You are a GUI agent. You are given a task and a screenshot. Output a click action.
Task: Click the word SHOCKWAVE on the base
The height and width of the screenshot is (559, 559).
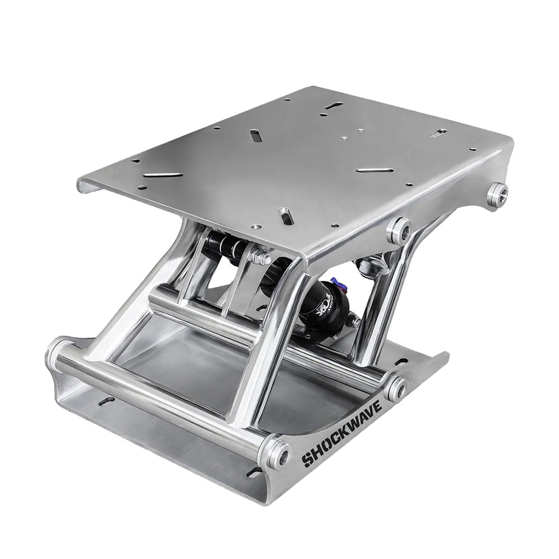pos(342,432)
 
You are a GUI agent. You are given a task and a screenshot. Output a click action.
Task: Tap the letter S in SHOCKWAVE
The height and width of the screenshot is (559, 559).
pos(307,459)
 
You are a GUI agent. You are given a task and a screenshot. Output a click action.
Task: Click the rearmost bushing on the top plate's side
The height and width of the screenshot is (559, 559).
pos(496,193)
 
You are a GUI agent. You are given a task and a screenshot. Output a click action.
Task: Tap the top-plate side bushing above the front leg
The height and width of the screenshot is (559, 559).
pos(399,229)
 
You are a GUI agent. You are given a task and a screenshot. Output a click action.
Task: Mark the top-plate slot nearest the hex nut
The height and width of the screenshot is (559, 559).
pos(285,214)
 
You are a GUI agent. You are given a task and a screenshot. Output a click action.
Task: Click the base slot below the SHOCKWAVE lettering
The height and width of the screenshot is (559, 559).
pos(254,473)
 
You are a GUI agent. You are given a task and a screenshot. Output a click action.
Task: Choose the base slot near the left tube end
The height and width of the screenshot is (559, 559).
pos(106,401)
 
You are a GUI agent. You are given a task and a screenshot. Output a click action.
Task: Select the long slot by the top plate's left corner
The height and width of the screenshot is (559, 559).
pos(163,175)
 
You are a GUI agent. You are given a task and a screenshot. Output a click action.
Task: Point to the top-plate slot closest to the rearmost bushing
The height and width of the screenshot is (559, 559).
pos(439,132)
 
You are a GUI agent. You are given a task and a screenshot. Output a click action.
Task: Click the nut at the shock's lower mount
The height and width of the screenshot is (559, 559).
pos(353,321)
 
